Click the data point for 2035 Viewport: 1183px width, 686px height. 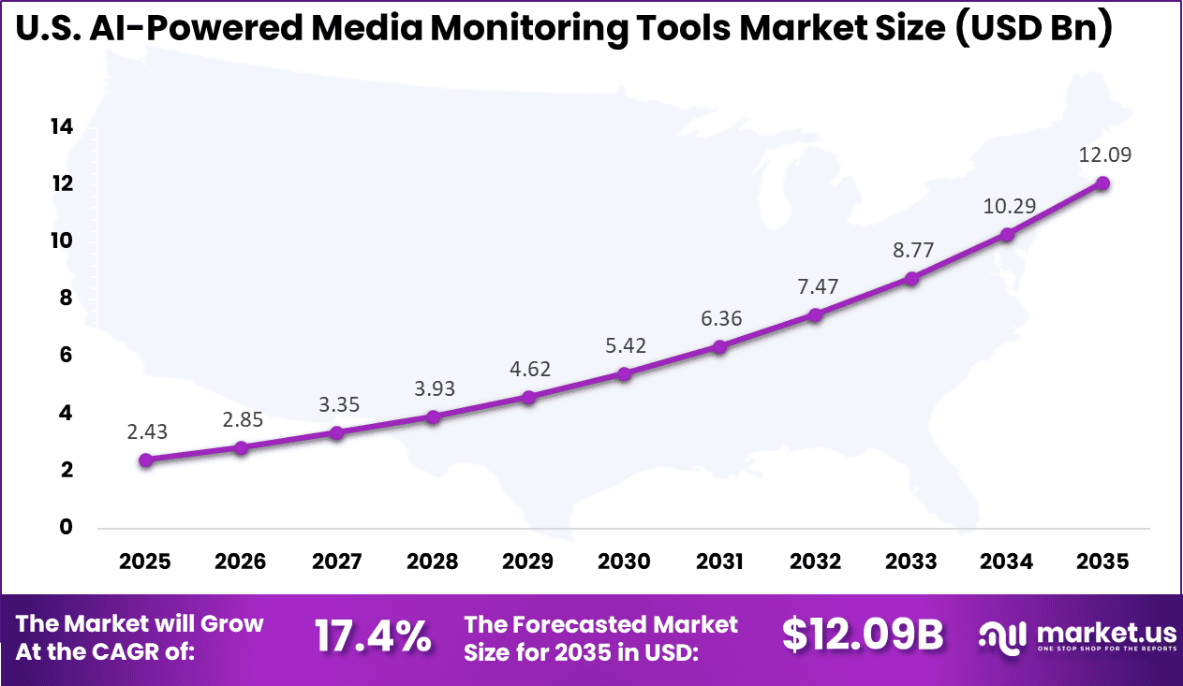1102,183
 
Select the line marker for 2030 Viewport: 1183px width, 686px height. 624,373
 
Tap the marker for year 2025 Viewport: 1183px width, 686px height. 145,460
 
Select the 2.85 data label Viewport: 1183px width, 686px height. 241,418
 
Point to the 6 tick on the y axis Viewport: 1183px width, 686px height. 66,356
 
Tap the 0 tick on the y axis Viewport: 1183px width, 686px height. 66,527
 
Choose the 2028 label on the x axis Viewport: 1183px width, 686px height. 432,562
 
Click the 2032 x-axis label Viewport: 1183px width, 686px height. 815,562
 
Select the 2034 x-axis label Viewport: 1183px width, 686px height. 1007,562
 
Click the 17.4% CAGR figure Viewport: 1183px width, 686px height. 373,637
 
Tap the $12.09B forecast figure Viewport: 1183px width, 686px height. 863,635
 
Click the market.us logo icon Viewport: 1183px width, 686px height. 1003,637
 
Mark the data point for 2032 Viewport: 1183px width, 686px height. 815,315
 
